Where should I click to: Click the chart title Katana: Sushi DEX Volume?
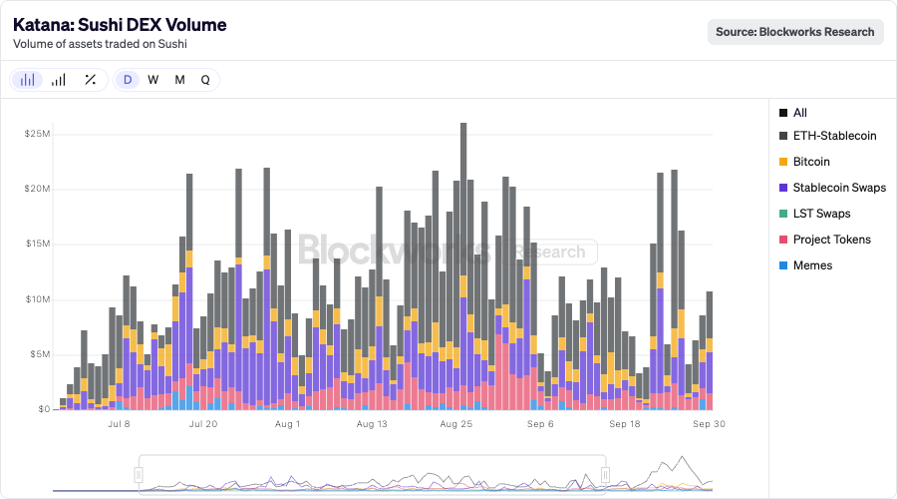[x=120, y=25]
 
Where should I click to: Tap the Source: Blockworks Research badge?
[x=795, y=32]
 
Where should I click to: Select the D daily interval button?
[x=128, y=80]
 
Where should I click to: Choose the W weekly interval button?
[x=153, y=80]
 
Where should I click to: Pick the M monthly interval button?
[x=179, y=80]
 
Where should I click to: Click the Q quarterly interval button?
[x=205, y=80]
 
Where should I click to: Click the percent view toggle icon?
[x=90, y=80]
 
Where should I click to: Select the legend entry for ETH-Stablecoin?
[x=834, y=136]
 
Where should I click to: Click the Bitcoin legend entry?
[x=811, y=162]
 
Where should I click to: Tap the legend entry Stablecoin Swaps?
[x=839, y=188]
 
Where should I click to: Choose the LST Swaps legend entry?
[x=821, y=214]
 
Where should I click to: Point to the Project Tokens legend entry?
[x=831, y=240]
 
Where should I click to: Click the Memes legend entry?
[x=812, y=265]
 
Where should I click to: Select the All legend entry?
[x=799, y=113]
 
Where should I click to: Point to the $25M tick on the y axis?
[x=38, y=134]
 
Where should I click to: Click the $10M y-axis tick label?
[x=38, y=299]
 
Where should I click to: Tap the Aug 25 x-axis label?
[x=455, y=424]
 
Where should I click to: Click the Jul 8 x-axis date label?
[x=119, y=424]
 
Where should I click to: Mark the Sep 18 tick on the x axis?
[x=624, y=424]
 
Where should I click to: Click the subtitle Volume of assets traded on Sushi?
[x=99, y=44]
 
